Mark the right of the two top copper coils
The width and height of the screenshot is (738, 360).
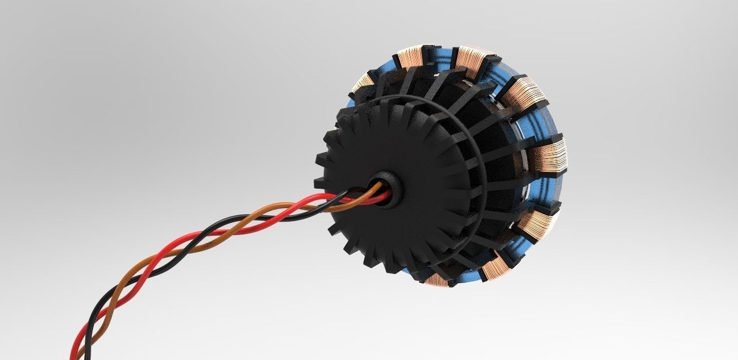coord(473,60)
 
